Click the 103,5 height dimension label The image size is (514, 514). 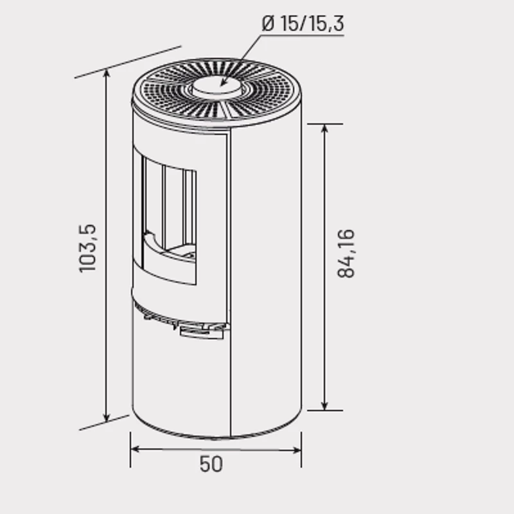pos(87,248)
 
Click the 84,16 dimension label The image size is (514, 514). pos(346,254)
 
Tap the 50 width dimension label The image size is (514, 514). pos(211,464)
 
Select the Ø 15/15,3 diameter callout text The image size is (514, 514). pos(303,23)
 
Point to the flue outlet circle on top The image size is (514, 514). pos(217,86)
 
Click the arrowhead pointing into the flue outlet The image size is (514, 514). pos(223,83)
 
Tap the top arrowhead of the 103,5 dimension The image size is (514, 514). pos(106,73)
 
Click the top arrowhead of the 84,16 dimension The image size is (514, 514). pos(324,129)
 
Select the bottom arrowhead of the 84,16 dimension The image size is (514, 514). pos(324,405)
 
